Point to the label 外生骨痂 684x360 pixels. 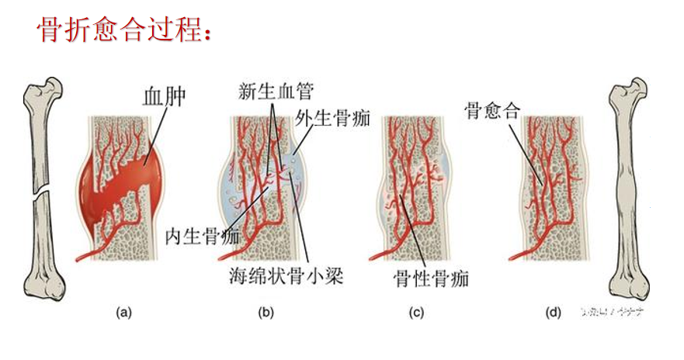tap(332, 118)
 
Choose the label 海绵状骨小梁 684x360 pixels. tap(286, 275)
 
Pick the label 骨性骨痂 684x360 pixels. tap(432, 278)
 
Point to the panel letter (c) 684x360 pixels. tap(417, 313)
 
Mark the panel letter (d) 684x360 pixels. tap(554, 313)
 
